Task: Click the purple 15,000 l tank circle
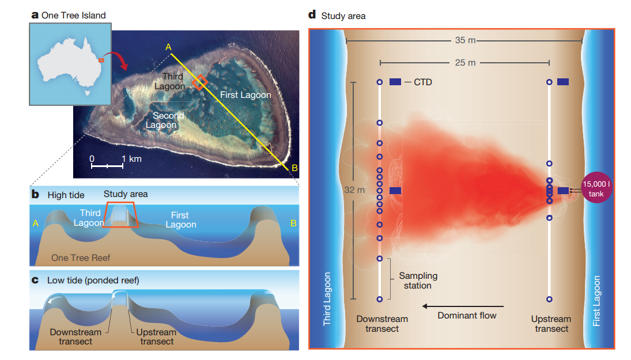click(596, 189)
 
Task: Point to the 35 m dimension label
click(464, 41)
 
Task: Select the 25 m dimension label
click(464, 62)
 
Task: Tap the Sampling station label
click(418, 281)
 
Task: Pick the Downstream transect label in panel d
click(381, 324)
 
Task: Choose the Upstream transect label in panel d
click(551, 324)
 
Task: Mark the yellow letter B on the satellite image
click(295, 168)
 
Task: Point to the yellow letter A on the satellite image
click(168, 47)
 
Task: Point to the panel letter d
click(312, 16)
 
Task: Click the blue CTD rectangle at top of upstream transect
click(564, 82)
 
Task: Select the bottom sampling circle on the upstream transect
click(550, 299)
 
